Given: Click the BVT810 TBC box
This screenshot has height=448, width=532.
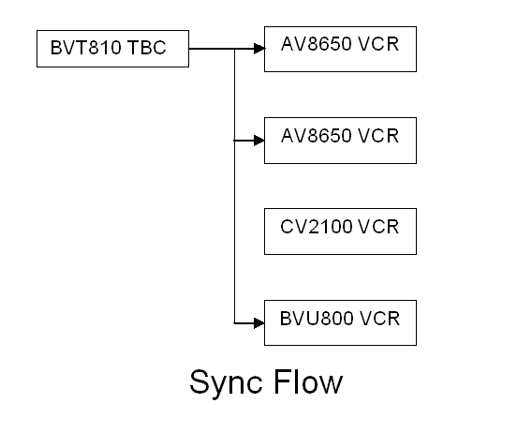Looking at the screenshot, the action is [x=112, y=49].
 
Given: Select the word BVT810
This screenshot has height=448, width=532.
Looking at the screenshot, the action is [x=85, y=48].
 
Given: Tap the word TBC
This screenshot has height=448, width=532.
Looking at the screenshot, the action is [x=147, y=48].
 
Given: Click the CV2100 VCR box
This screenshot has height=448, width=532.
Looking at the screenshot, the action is [x=340, y=231].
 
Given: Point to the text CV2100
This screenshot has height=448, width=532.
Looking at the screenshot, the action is [x=316, y=227].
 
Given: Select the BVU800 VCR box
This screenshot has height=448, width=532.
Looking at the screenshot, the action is [x=340, y=322].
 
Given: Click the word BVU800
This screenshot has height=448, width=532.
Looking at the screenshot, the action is [x=316, y=319].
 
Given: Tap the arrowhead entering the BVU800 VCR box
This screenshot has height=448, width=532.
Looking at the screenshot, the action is [x=259, y=323].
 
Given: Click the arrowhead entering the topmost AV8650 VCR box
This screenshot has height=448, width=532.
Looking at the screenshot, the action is [x=259, y=49].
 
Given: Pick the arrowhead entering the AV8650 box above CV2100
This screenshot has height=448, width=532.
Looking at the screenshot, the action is [x=259, y=141].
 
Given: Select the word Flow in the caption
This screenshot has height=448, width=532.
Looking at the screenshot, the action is [x=308, y=381].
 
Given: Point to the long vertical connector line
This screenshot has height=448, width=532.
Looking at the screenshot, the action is [x=234, y=186].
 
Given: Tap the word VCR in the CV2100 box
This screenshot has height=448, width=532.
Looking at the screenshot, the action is [x=378, y=227].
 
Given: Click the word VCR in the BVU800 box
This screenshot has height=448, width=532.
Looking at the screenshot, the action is [x=379, y=319].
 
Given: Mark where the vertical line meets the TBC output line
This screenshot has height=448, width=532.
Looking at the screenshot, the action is [x=234, y=49].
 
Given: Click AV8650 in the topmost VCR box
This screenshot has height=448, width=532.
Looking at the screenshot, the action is [x=316, y=44].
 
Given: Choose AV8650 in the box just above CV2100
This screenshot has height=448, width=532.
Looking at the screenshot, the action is [x=316, y=136].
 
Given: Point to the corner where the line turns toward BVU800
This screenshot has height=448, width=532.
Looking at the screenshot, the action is [x=234, y=323].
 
